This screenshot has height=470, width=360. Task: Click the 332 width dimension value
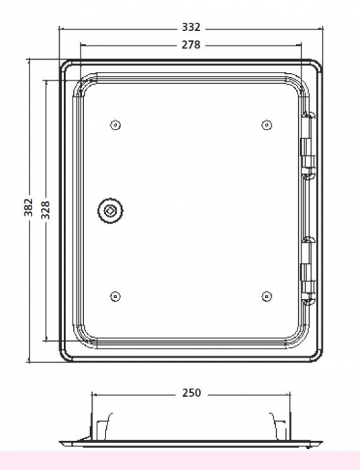(191, 28)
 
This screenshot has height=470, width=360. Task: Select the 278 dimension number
(191, 45)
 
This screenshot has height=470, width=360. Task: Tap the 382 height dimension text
(28, 207)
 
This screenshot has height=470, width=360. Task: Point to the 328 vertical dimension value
(45, 209)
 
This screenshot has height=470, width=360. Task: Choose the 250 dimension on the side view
(191, 393)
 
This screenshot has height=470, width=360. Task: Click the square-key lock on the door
(110, 210)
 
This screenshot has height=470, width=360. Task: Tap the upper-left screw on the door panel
(116, 125)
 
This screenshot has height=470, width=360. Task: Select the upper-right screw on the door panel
(267, 125)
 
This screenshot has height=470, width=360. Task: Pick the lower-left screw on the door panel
(116, 297)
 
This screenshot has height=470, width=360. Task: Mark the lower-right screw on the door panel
(267, 297)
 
